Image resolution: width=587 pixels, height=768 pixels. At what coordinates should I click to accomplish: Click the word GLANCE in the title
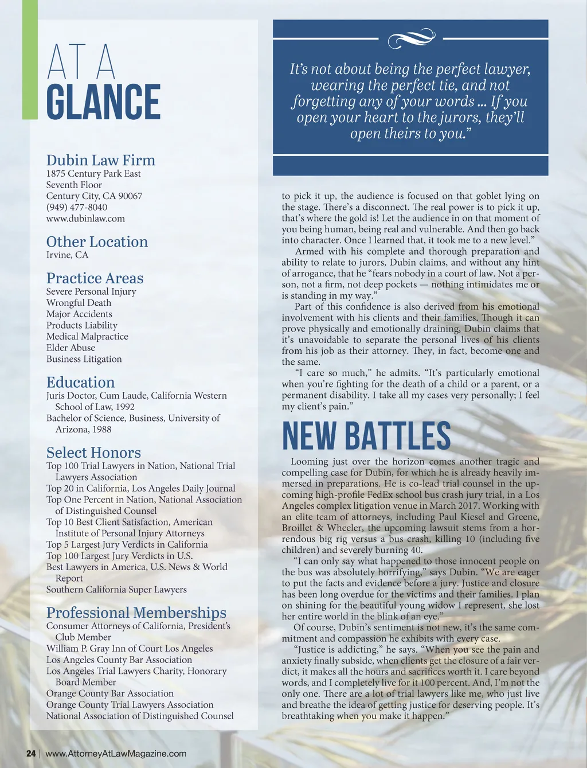pyautogui.click(x=103, y=102)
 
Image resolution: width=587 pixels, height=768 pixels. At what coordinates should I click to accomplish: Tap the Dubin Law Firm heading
pyautogui.click(x=100, y=160)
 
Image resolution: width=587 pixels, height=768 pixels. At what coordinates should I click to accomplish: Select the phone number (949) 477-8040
pyautogui.click(x=77, y=207)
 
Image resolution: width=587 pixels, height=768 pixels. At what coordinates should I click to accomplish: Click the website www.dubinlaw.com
pyautogui.click(x=85, y=219)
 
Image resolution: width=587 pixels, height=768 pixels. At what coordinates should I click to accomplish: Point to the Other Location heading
pyautogui.click(x=97, y=241)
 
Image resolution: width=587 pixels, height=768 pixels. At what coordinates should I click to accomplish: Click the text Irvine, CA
pyautogui.click(x=68, y=255)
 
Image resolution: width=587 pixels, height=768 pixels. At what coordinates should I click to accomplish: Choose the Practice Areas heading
pyautogui.click(x=95, y=278)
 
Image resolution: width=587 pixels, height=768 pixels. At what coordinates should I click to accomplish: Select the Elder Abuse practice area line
pyautogui.click(x=71, y=348)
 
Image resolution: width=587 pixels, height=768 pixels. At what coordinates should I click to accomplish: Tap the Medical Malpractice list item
pyautogui.click(x=87, y=337)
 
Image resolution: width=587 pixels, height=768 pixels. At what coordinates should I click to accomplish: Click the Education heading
pyautogui.click(x=80, y=383)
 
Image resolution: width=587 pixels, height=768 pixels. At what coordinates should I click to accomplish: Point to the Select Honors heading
pyautogui.click(x=93, y=453)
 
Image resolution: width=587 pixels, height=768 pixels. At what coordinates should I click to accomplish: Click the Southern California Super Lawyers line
pyautogui.click(x=116, y=590)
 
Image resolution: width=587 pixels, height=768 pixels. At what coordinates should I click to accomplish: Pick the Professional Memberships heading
pyautogui.click(x=136, y=613)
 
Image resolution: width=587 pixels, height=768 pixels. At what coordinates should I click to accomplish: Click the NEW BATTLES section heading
pyautogui.click(x=366, y=436)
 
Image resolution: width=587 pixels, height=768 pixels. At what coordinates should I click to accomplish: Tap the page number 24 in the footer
pyautogui.click(x=31, y=754)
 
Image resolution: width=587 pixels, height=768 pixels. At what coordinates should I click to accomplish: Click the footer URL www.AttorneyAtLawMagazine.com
pyautogui.click(x=116, y=754)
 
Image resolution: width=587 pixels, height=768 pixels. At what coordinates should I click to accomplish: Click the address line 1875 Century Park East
pyautogui.click(x=93, y=174)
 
